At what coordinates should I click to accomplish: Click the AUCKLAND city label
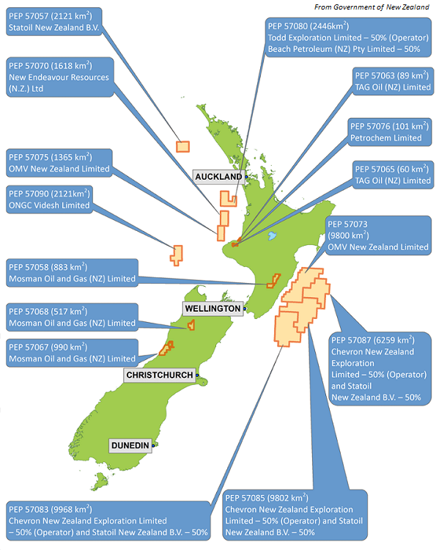tap(218, 177)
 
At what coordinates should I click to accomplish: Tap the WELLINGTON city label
tap(213, 309)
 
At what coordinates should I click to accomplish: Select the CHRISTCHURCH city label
tap(160, 375)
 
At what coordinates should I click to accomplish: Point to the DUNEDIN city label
tap(130, 445)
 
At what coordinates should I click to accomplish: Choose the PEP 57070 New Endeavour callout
tap(59, 77)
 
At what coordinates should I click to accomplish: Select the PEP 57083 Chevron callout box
tap(109, 520)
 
